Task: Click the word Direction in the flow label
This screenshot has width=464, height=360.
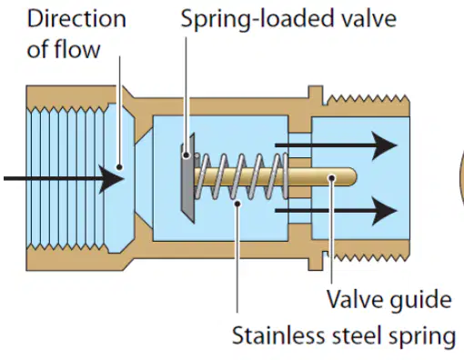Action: click(76, 19)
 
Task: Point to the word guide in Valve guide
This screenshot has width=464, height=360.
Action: click(421, 300)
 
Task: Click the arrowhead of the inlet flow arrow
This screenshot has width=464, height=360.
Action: click(112, 179)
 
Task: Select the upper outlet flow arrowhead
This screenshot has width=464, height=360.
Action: click(384, 145)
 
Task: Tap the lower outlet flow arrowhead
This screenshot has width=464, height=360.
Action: click(384, 211)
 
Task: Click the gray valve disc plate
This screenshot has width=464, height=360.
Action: click(188, 178)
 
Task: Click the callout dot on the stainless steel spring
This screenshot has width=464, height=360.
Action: click(238, 204)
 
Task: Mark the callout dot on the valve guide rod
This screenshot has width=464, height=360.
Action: click(332, 177)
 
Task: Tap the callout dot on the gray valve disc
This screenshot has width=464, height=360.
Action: click(187, 155)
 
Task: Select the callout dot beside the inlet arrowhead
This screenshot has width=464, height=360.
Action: click(119, 167)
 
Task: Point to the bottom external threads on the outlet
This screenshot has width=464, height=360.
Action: click(368, 257)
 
